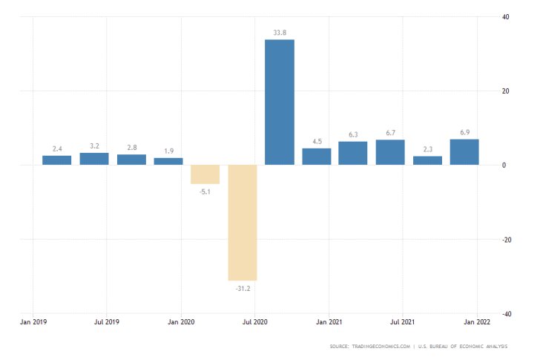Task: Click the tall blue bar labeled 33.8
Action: click(280, 102)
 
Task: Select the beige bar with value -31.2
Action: click(243, 222)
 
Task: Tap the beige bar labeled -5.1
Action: click(205, 174)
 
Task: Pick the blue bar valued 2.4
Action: click(56, 160)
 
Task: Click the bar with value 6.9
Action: click(464, 152)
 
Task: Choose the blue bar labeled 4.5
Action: click(317, 157)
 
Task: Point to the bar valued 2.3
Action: click(427, 160)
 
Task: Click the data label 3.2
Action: click(94, 146)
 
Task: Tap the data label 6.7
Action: click(390, 133)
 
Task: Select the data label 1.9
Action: click(168, 151)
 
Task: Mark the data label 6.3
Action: click(353, 134)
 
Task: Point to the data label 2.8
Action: click(131, 148)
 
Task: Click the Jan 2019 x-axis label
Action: click(33, 323)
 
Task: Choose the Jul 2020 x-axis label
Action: click(255, 323)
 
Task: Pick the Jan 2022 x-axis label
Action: click(476, 323)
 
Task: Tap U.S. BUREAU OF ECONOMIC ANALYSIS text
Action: click(475, 347)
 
